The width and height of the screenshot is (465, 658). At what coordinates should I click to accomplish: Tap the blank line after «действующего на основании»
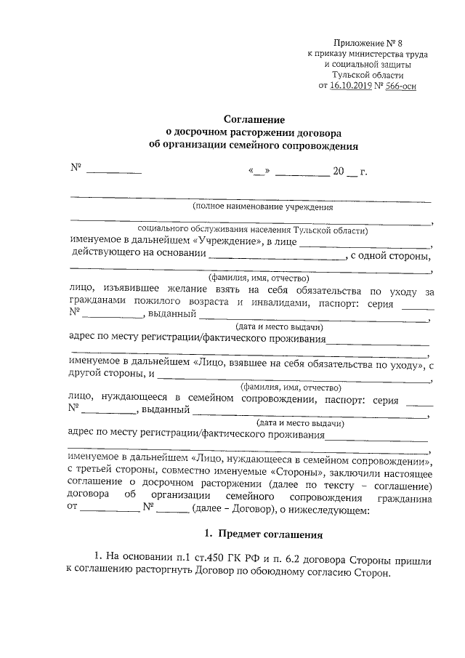pyautogui.click(x=276, y=257)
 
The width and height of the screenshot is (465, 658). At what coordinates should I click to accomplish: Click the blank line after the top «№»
pyautogui.click(x=113, y=172)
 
